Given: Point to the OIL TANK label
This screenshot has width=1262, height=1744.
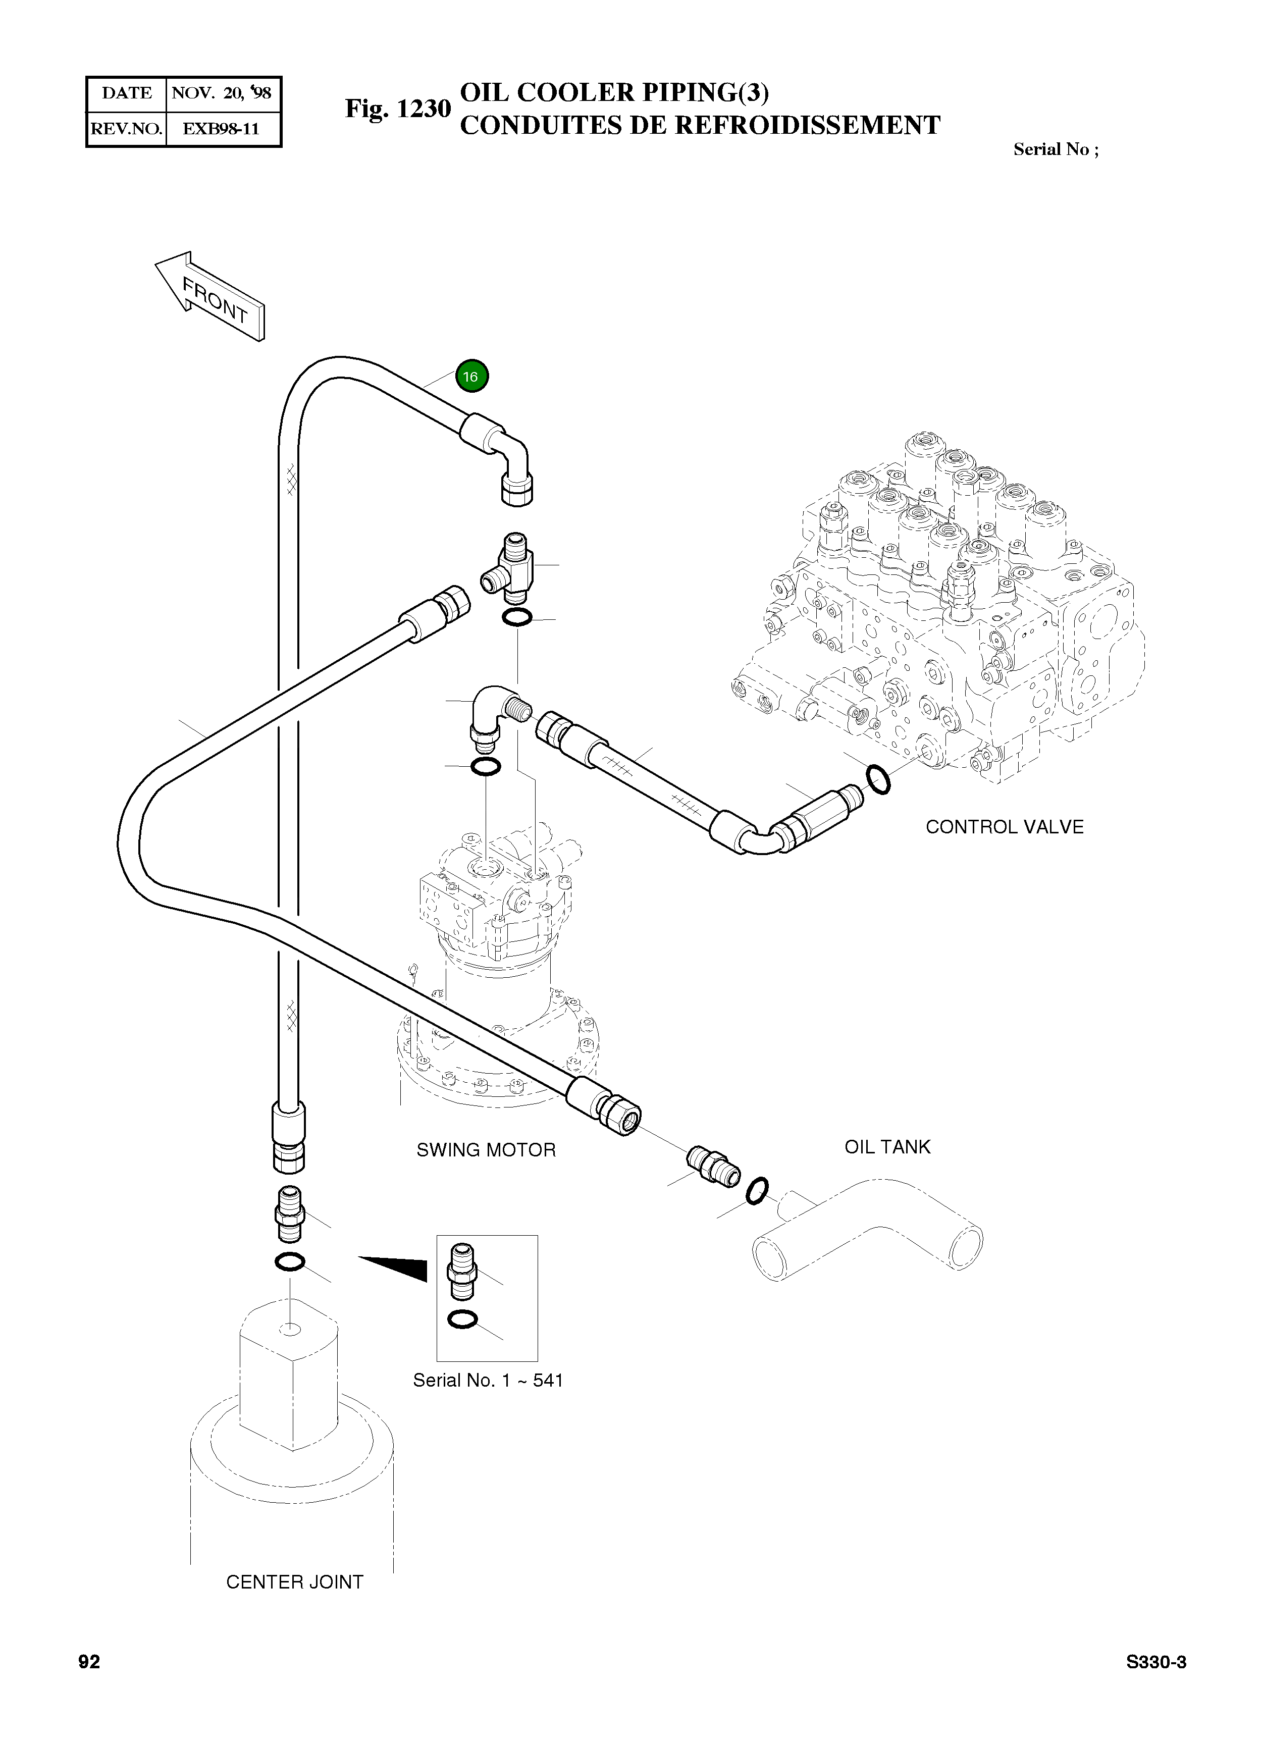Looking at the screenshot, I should tap(887, 1146).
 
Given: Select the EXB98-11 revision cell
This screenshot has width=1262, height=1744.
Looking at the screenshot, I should tap(222, 128).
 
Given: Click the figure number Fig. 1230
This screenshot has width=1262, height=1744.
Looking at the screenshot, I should tap(397, 109).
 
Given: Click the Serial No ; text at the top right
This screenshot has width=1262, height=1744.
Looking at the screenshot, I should tap(1055, 150).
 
